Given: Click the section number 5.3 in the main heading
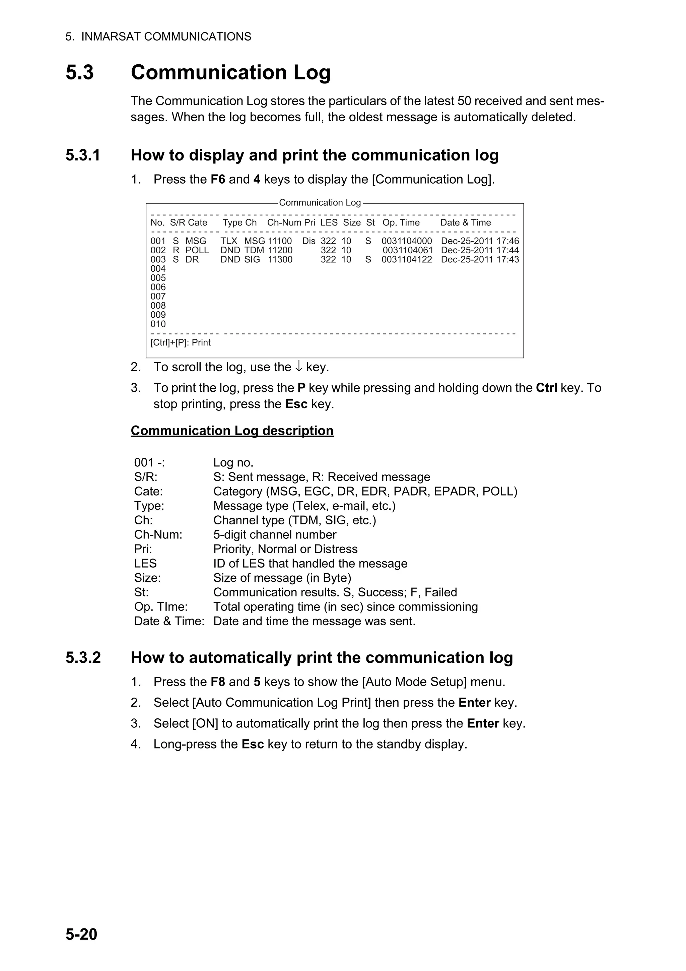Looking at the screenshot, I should (x=79, y=72).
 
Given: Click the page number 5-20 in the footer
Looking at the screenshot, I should (x=81, y=934).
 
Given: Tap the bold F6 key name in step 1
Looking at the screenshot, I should (x=218, y=179).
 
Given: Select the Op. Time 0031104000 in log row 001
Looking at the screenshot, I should (x=407, y=241).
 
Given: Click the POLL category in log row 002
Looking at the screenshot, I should (x=197, y=250).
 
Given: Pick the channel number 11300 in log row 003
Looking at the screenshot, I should (x=280, y=260).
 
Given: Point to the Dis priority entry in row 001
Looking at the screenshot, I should (x=308, y=241).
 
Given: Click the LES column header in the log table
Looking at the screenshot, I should (x=329, y=223).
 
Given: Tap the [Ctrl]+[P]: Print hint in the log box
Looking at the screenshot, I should (x=181, y=342).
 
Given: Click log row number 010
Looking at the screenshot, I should (x=158, y=324).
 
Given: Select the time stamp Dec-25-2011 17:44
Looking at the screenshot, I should (x=480, y=250).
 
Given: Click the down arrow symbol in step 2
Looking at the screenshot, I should (x=298, y=367).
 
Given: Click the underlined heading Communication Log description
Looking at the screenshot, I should (x=232, y=431).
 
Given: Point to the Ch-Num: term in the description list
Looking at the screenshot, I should (x=158, y=534).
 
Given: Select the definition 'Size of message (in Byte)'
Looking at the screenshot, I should (x=282, y=578).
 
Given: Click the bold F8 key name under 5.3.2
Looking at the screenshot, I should (x=218, y=682).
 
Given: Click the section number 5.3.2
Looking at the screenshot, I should (x=83, y=658).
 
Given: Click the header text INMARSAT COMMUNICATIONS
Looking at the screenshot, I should (x=166, y=37).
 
